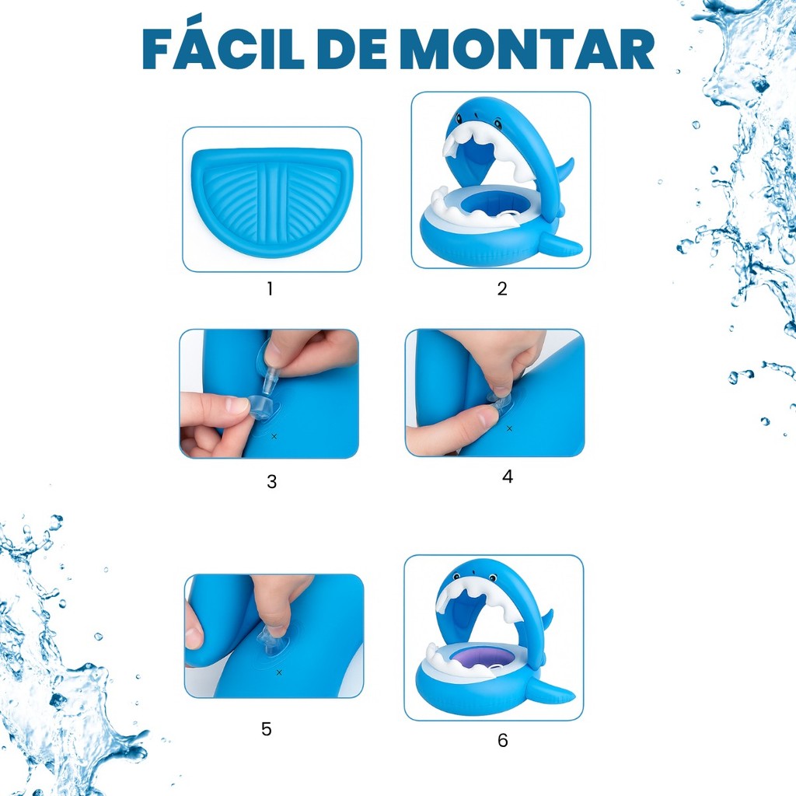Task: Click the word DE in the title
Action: [x=354, y=49]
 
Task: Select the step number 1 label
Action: [x=270, y=288]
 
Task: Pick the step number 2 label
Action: [x=502, y=288]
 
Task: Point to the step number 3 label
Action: [x=271, y=481]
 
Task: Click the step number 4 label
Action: [x=508, y=477]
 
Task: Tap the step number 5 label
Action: [x=267, y=729]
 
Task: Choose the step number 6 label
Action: [x=503, y=740]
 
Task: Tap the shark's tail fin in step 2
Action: [x=561, y=243]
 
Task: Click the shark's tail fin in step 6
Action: [x=551, y=690]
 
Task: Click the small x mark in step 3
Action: [x=274, y=436]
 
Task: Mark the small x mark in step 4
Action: [x=510, y=428]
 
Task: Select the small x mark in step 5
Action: [x=279, y=672]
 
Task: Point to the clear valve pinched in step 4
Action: [x=498, y=401]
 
